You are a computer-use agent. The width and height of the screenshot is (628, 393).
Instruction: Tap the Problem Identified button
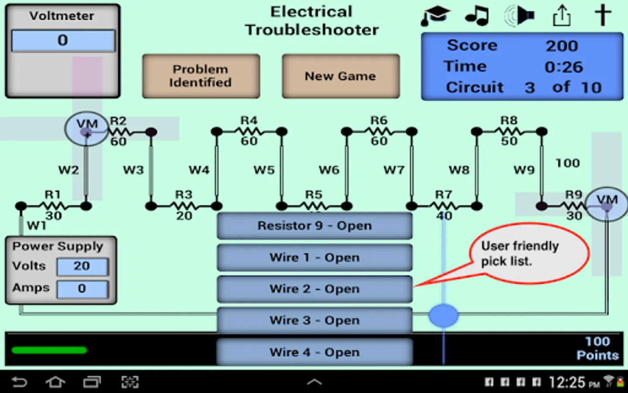[x=201, y=76]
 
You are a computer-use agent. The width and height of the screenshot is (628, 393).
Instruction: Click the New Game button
[x=341, y=76]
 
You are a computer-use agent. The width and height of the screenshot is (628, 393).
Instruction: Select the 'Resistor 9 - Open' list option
[x=314, y=226]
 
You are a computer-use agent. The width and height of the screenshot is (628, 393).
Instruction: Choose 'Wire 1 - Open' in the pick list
[x=314, y=258]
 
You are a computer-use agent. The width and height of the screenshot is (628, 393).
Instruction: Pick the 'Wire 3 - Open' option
[x=314, y=321]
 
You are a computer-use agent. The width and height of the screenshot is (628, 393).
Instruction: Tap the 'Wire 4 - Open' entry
[x=314, y=352]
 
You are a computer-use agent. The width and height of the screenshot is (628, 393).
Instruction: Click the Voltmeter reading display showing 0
[x=63, y=41]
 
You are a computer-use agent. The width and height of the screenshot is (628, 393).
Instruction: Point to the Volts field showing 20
[x=82, y=266]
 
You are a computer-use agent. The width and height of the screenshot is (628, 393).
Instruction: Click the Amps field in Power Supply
[x=82, y=289]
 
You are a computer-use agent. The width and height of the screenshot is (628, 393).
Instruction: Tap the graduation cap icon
[x=436, y=16]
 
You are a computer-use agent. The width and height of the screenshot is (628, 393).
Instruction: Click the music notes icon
[x=477, y=16]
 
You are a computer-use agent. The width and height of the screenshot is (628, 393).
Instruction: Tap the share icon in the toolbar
[x=562, y=16]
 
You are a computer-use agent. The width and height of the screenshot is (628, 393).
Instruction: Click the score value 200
[x=562, y=46]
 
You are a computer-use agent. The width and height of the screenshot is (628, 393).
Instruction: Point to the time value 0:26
[x=563, y=67]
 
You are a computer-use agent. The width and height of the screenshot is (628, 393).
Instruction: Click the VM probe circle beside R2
[x=86, y=129]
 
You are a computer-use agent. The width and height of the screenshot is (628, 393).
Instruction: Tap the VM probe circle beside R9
[x=606, y=204]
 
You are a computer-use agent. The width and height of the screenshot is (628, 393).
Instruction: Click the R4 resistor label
[x=249, y=120]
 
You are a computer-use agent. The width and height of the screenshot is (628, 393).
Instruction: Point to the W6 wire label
[x=329, y=170]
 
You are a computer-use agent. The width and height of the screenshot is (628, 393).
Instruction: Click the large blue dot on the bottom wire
[x=444, y=315]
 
